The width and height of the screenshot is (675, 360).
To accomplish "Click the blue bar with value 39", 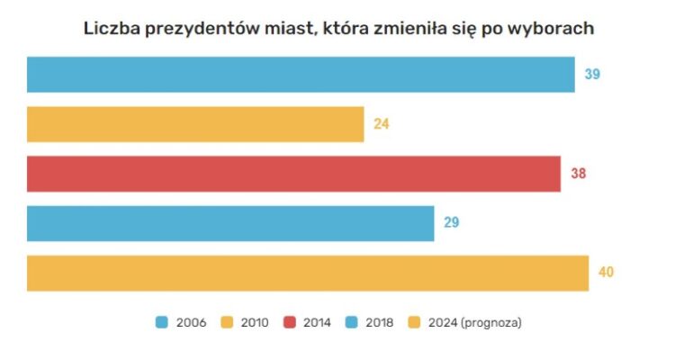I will [301, 75].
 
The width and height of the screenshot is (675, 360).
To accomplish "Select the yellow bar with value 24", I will [195, 124].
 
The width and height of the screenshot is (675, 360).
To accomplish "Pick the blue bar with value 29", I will [230, 223].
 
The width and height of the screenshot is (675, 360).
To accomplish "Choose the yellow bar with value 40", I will [308, 273].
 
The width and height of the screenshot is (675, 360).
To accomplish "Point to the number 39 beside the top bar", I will [592, 75].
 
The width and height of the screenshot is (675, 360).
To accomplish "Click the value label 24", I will [382, 124].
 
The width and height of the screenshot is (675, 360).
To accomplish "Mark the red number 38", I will [578, 174].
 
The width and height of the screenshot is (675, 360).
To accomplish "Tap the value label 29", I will [452, 223].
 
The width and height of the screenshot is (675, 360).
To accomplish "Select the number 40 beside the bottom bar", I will [606, 273].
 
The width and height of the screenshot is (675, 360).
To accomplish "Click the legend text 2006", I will [191, 321].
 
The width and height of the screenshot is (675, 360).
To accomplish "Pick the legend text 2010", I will [255, 321].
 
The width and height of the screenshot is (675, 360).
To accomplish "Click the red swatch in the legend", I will [291, 321].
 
